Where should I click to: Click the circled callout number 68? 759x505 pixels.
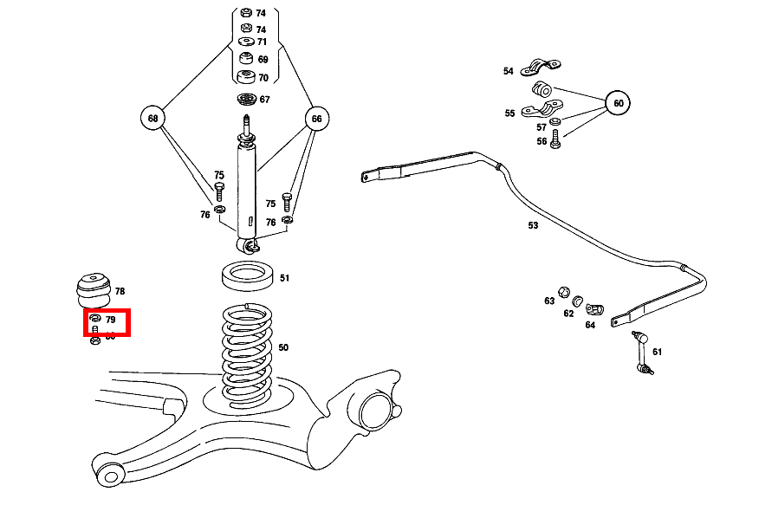152,118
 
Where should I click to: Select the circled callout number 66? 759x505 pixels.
316,118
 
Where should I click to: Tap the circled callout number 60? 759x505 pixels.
618,103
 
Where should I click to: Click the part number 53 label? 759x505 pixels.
533,225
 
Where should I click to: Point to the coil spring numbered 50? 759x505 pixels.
248,351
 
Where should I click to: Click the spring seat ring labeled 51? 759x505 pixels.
249,277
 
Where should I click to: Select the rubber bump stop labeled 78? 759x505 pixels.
91,289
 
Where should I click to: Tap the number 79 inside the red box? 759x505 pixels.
111,320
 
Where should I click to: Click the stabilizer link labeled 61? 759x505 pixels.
642,353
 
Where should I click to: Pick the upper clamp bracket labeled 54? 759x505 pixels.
541,68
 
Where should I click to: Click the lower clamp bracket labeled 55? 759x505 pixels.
542,109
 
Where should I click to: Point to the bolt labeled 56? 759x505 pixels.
555,140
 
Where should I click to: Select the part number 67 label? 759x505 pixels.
264,100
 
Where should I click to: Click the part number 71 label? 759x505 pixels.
262,42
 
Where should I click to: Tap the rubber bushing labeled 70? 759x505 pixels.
246,77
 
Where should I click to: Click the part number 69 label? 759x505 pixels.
263,60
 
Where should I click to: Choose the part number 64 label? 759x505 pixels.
590,325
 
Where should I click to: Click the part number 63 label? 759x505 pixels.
549,301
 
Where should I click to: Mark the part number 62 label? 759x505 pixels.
568,314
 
